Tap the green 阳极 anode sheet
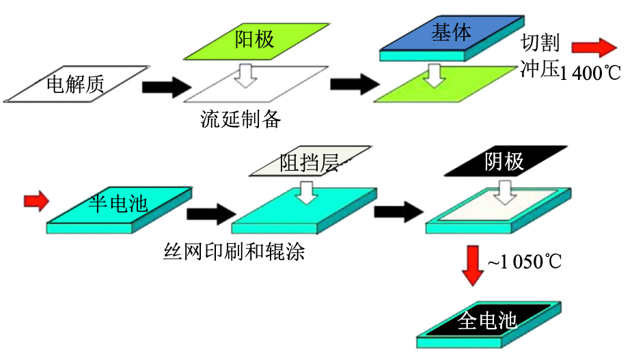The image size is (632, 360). [253, 40]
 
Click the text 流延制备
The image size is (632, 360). [241, 119]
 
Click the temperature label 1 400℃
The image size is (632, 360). [590, 72]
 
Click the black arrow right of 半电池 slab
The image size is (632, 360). [209, 214]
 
